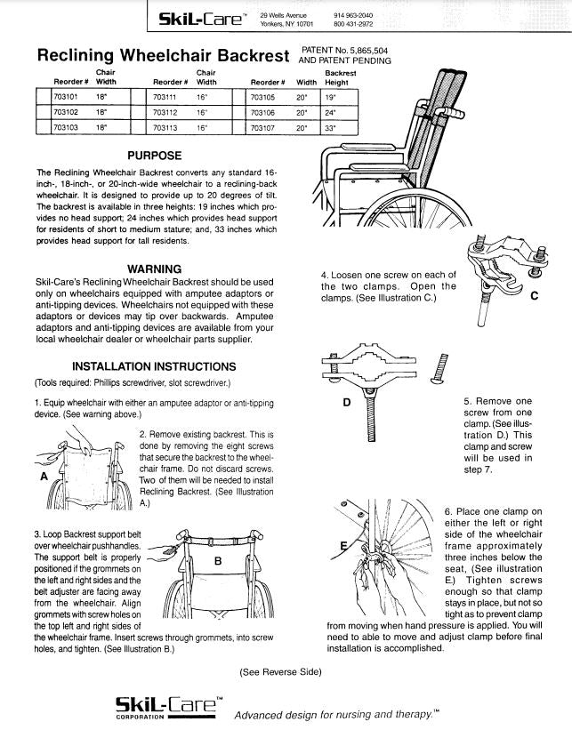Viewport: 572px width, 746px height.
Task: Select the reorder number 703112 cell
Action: pos(164,113)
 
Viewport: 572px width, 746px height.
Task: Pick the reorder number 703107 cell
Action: pos(263,128)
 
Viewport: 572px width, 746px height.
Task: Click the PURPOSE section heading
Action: pos(155,156)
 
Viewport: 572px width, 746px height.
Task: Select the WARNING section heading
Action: pos(155,269)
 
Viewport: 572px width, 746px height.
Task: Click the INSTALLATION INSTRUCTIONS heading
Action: pos(154,366)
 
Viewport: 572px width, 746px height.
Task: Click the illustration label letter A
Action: pos(43,476)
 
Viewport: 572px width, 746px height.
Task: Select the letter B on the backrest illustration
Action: pos(218,560)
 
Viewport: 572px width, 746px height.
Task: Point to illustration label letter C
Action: pos(533,297)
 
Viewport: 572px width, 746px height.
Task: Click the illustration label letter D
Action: pos(348,402)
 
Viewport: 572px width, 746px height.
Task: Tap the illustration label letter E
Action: pos(343,544)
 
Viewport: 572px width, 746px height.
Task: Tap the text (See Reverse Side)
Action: pos(280,671)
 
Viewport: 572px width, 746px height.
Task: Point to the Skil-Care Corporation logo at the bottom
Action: pos(165,708)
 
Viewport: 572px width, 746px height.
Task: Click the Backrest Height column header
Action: pos(340,78)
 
